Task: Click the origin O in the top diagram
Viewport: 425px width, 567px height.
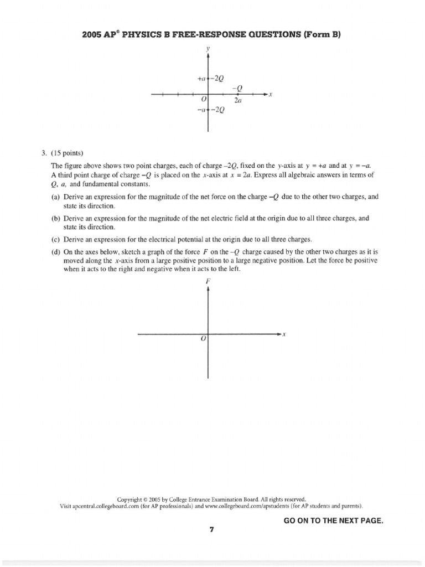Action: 204,100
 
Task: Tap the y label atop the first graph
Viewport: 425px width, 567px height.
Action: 208,49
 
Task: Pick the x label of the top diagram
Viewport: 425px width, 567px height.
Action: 271,95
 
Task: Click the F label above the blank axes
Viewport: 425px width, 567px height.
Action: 208,281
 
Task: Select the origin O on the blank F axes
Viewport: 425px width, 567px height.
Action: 204,338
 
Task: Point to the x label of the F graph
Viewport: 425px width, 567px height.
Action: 284,334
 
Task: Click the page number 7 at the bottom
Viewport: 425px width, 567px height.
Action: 211,529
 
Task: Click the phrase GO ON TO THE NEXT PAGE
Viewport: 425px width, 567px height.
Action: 333,521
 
